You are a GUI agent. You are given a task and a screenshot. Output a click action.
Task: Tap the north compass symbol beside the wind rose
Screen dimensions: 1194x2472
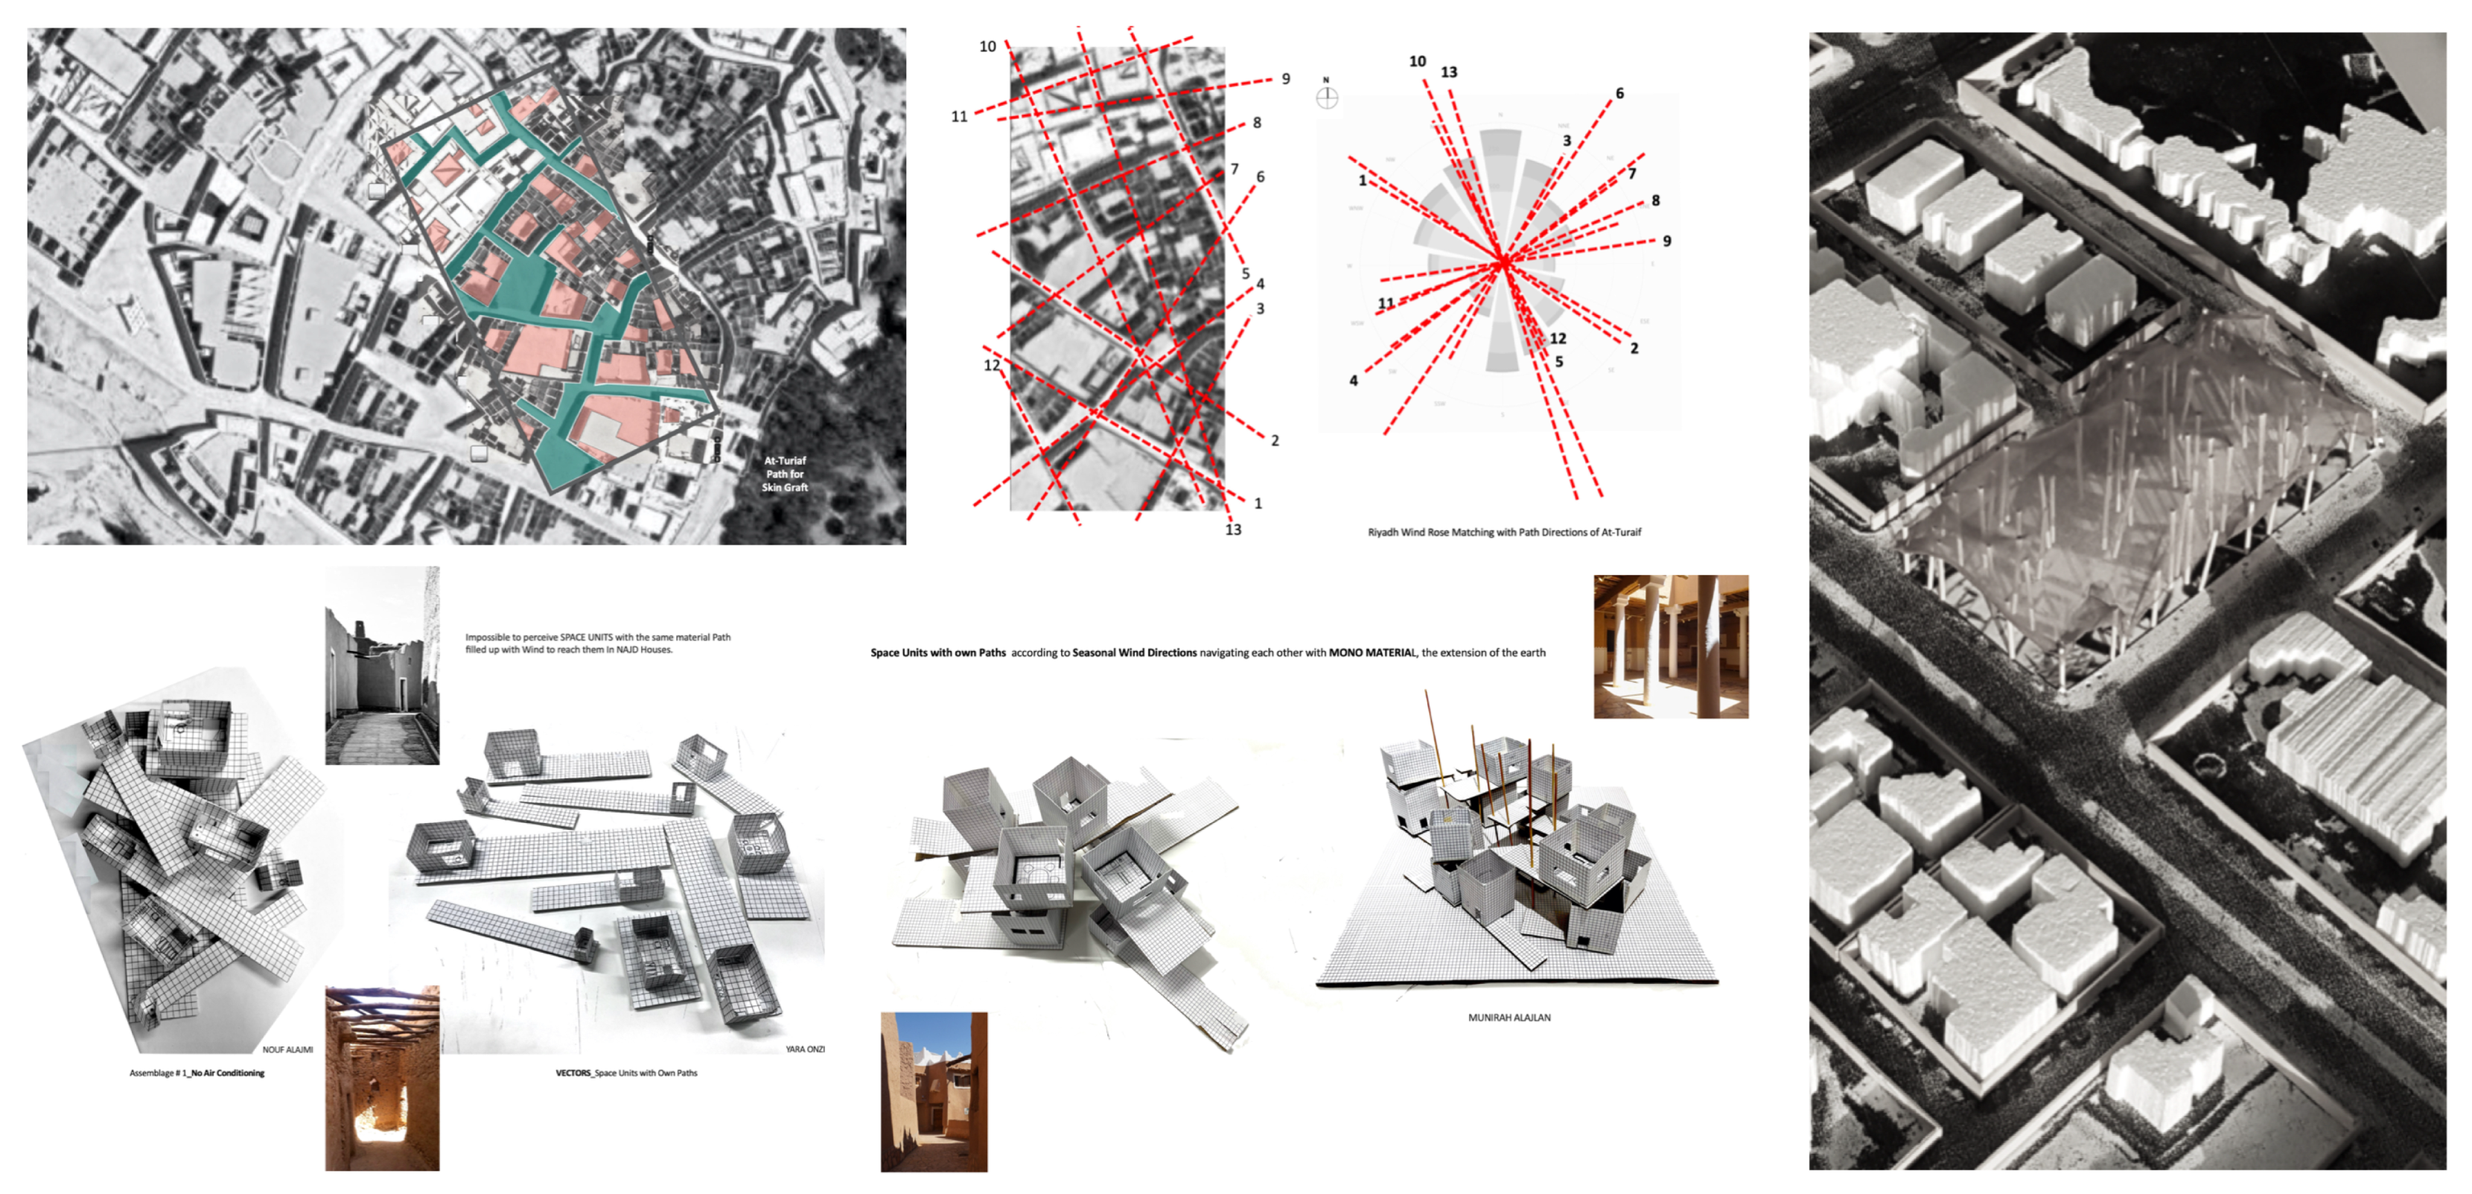(1326, 96)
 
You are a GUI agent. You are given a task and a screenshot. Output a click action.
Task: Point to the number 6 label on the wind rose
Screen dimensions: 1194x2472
(1620, 93)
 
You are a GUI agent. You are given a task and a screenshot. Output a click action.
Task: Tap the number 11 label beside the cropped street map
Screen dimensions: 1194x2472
(959, 116)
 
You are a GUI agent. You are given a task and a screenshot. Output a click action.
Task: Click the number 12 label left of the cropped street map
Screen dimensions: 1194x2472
(991, 365)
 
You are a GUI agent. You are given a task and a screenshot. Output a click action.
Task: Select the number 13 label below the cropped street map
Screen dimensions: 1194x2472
(1233, 529)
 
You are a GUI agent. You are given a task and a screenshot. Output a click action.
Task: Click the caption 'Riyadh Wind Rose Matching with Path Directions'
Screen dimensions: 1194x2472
(1504, 532)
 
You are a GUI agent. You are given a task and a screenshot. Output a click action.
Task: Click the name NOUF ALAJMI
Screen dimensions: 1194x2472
(287, 1049)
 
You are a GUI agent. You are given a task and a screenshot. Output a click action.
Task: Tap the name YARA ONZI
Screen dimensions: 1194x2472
(804, 1049)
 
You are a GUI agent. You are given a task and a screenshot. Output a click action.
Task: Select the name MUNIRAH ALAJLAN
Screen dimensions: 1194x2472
(1509, 1017)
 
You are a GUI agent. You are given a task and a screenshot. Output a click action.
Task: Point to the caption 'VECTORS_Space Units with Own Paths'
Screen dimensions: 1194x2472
(627, 1073)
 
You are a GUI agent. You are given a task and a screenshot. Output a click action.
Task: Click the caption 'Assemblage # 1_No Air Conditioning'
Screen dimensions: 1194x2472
(197, 1073)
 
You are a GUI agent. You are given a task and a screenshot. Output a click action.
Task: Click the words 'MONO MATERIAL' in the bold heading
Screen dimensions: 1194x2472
(1372, 652)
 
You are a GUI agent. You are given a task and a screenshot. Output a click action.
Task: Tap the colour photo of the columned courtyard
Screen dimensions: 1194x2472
(1670, 646)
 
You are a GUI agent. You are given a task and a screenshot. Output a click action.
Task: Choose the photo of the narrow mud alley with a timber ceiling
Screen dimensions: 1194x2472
(382, 1078)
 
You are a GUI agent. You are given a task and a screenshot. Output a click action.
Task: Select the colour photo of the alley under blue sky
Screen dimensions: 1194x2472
(933, 1091)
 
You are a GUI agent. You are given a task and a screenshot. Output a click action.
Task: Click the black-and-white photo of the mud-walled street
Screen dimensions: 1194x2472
(382, 665)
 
